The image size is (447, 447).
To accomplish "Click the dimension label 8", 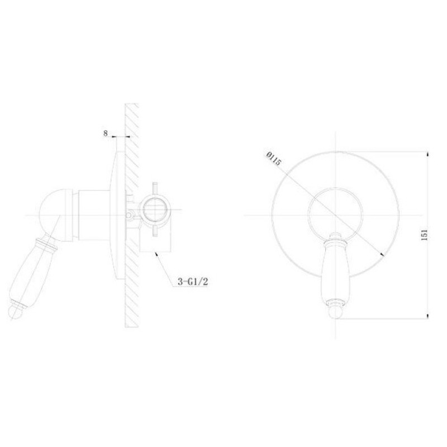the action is click(x=106, y=133).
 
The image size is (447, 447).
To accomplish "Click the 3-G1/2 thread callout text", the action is click(x=193, y=282).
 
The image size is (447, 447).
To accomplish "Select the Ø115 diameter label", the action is click(x=274, y=159).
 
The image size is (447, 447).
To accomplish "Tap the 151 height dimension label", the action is click(x=424, y=234).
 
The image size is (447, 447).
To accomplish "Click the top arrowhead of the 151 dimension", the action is click(x=427, y=154).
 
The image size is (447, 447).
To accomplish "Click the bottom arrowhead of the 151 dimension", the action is click(x=427, y=316).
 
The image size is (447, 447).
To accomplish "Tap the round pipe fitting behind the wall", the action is click(x=155, y=209).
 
